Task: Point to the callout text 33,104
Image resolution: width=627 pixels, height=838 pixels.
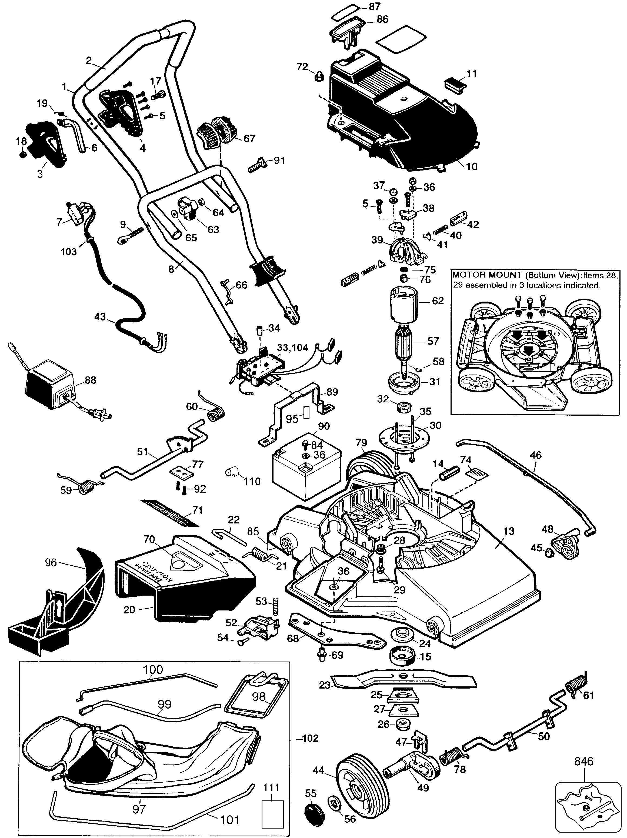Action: pyautogui.click(x=293, y=348)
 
